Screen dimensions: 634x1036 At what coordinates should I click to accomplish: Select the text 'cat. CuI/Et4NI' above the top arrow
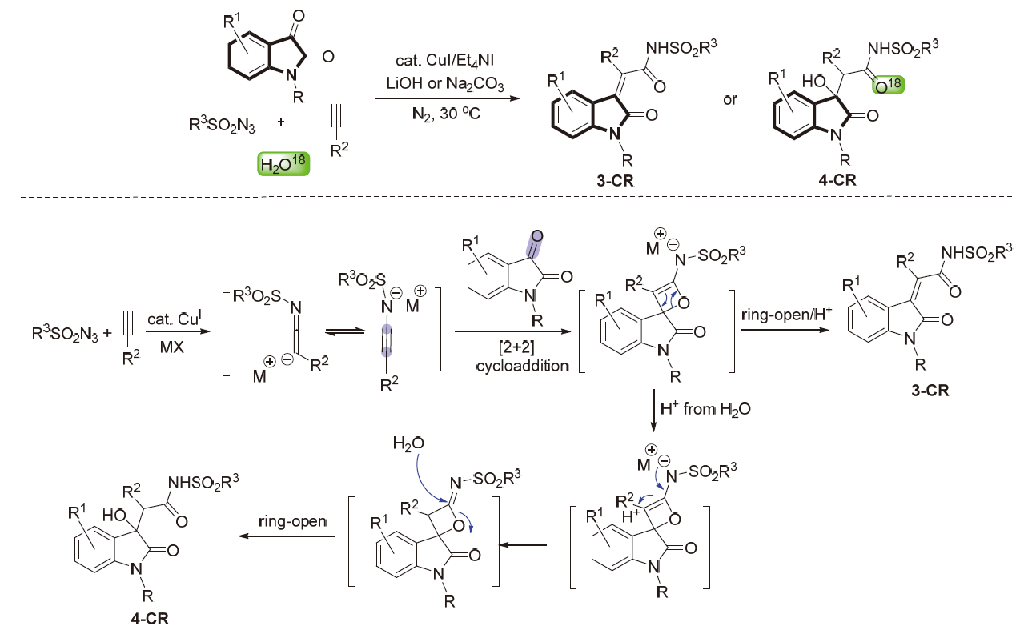(440, 62)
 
